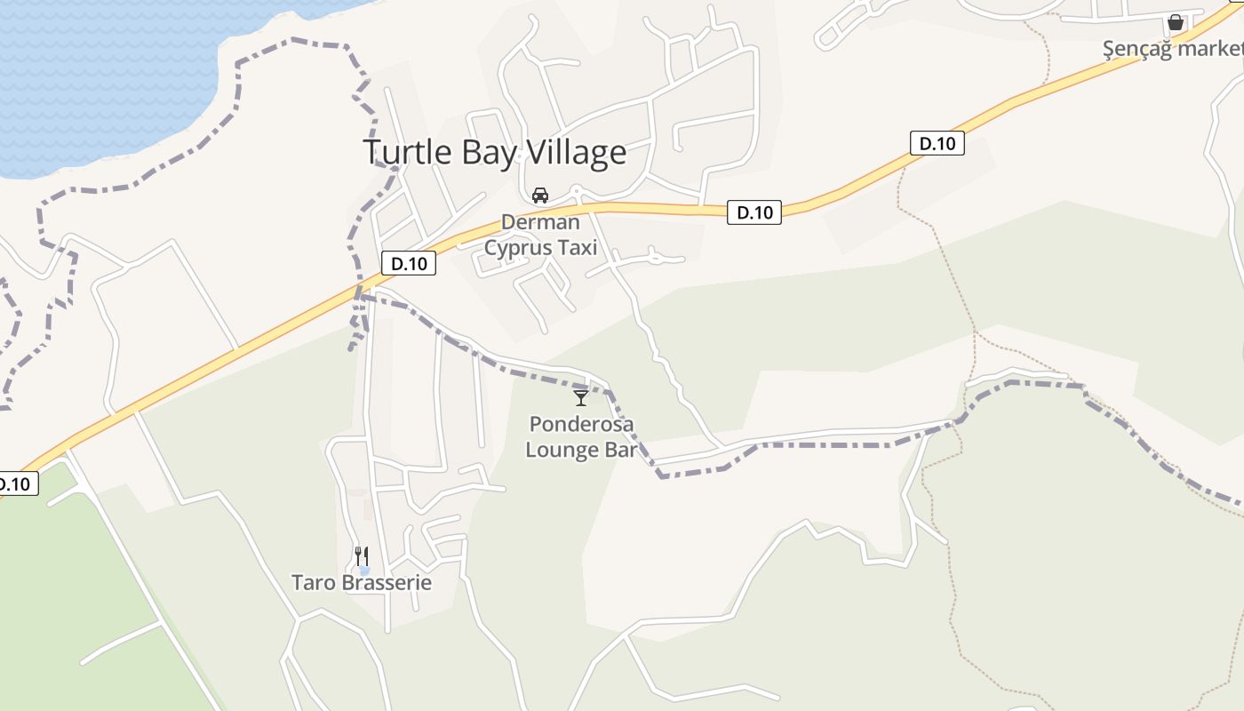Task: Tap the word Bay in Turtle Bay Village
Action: click(x=488, y=153)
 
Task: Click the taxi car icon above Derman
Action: click(x=539, y=196)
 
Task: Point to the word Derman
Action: click(x=540, y=222)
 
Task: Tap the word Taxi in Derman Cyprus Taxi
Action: click(x=578, y=248)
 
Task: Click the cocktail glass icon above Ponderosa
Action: click(x=581, y=397)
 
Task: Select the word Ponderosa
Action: click(x=581, y=424)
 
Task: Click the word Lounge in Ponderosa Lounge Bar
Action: click(x=562, y=450)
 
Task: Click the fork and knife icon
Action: click(x=362, y=556)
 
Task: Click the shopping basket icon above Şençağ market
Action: click(x=1176, y=22)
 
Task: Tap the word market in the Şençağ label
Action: click(x=1210, y=49)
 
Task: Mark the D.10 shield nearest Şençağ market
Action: click(x=937, y=143)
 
